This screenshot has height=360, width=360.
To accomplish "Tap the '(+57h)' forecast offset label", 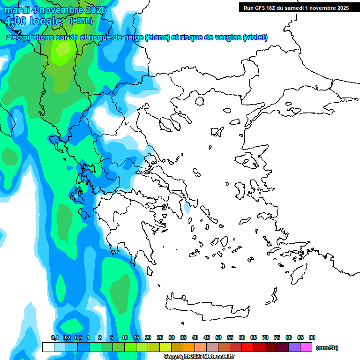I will tap(81, 21).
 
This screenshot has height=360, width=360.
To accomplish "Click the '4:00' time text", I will tap(15, 21).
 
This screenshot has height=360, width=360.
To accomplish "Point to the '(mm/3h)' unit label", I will tap(327, 348).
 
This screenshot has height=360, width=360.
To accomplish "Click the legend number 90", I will tap(312, 337).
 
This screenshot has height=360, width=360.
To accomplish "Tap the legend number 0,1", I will tap(55, 337).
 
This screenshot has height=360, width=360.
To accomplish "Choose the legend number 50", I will tap(218, 337).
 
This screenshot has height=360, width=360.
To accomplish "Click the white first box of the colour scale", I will tap(48, 347).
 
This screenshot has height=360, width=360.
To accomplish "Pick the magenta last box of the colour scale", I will tap(306, 347).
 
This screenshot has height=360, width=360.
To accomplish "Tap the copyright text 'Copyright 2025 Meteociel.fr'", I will tap(199, 356).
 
